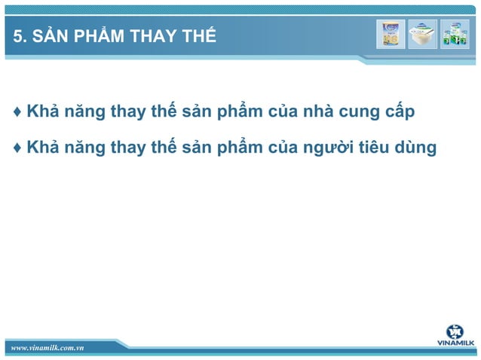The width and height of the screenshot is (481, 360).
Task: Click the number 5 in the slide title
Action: coord(17,36)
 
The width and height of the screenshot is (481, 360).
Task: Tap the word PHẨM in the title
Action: coord(97,35)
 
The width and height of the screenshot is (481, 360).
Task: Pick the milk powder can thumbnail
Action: coord(391,34)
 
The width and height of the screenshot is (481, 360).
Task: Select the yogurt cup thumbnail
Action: coord(422,34)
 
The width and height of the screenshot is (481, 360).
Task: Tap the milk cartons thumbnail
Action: coord(454,34)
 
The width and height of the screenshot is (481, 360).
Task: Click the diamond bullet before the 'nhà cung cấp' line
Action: coord(17,113)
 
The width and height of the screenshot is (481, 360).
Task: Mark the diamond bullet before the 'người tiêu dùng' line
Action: coord(17,148)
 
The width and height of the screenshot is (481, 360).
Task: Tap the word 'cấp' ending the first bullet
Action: coord(402,114)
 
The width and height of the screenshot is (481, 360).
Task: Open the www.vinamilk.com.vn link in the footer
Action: coord(46,347)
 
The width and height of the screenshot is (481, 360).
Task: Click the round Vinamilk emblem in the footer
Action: coord(455,332)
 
